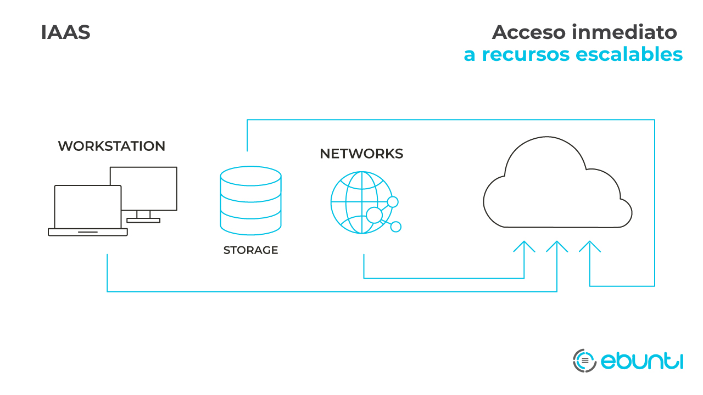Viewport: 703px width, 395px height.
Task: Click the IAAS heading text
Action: coord(65,33)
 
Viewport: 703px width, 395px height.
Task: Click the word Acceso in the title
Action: coord(528,33)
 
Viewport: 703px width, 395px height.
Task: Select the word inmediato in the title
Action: coord(624,33)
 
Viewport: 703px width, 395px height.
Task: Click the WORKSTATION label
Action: coord(111,146)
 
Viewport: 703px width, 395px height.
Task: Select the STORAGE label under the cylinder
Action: coord(250,251)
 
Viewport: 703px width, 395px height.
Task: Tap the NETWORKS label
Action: coord(361,154)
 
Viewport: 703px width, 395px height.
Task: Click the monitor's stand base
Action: coord(143,220)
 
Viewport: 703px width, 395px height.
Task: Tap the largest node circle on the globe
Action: coord(374,215)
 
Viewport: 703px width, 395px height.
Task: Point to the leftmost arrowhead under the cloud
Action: coord(525,246)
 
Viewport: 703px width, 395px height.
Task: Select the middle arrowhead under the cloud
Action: coord(557,246)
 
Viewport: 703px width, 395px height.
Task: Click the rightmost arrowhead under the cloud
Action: coord(590,246)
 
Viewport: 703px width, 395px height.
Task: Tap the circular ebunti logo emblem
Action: coord(584,360)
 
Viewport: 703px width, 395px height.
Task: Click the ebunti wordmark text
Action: coord(641,361)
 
